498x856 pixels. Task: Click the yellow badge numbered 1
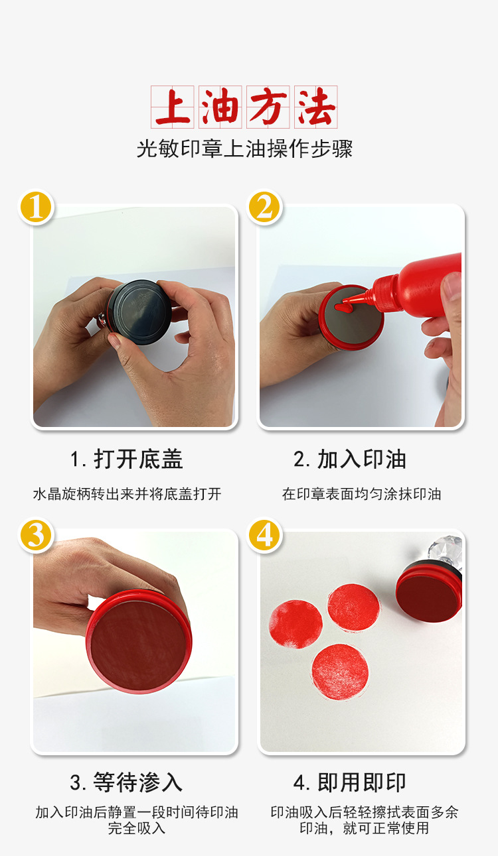(37, 208)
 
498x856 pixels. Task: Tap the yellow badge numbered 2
(264, 208)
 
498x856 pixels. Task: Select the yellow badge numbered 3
(37, 535)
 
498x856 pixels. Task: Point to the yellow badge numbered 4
(264, 535)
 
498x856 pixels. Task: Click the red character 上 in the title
(173, 107)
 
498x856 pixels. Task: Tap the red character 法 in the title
(316, 107)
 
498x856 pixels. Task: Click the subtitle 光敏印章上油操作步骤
(244, 149)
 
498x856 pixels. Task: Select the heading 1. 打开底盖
(127, 459)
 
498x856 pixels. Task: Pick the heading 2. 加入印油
(350, 459)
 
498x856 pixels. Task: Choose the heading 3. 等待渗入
(126, 782)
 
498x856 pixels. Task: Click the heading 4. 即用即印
(350, 782)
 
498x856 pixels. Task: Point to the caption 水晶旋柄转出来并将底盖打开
(127, 494)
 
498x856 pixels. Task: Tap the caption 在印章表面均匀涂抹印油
(362, 494)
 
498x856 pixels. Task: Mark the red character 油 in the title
(220, 107)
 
